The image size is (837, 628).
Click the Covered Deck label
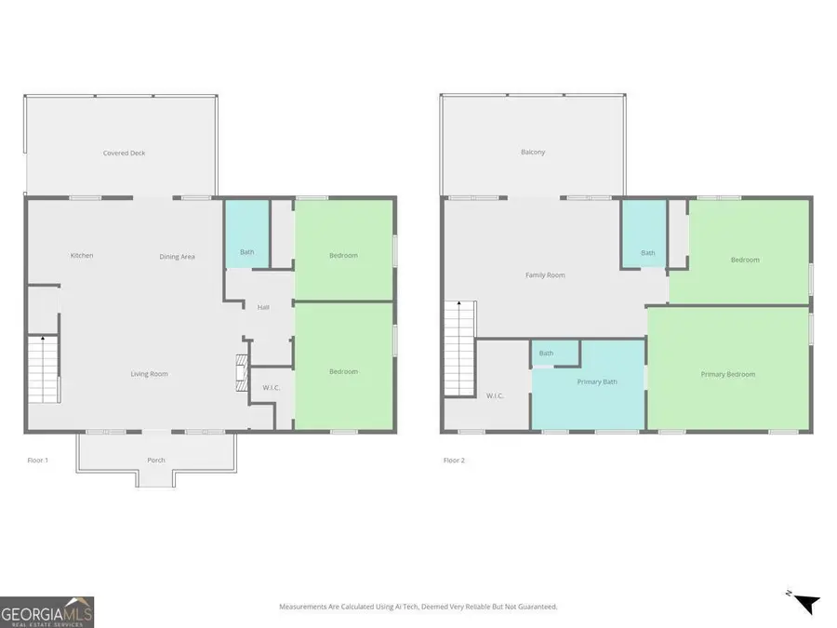124,153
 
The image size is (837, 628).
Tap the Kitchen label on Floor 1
82,256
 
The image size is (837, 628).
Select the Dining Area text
177,257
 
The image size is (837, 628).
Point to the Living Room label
149,374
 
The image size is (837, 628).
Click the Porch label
156,461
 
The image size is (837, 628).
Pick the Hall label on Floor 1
263,306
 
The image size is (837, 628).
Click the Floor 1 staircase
42,368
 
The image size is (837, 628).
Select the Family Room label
545,275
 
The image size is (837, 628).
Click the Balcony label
533,153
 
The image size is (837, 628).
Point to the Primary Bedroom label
727,374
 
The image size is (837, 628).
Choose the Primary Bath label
597,381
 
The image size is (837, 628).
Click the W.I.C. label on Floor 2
495,395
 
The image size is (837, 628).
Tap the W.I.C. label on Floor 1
272,389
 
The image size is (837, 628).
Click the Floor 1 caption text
37,461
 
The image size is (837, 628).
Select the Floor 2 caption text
454,461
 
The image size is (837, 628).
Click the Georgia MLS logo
46,612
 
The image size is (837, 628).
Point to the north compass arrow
805,603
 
